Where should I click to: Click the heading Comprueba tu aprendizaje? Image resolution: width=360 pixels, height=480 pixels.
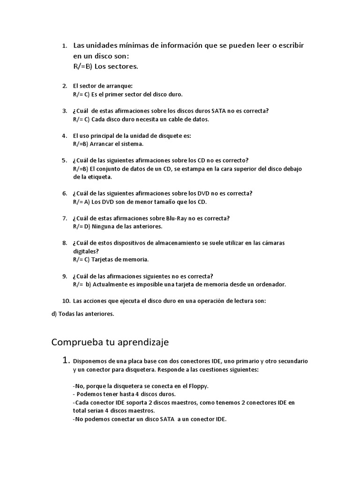pos(110,342)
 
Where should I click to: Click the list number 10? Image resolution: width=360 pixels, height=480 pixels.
pos(66,301)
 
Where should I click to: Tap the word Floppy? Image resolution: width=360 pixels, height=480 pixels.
pos(197,386)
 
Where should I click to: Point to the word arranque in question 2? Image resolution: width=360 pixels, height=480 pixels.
pos(120,86)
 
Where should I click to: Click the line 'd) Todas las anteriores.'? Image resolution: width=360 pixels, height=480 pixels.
pos(82,314)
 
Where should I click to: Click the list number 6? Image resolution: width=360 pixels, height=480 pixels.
pos(64,193)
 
